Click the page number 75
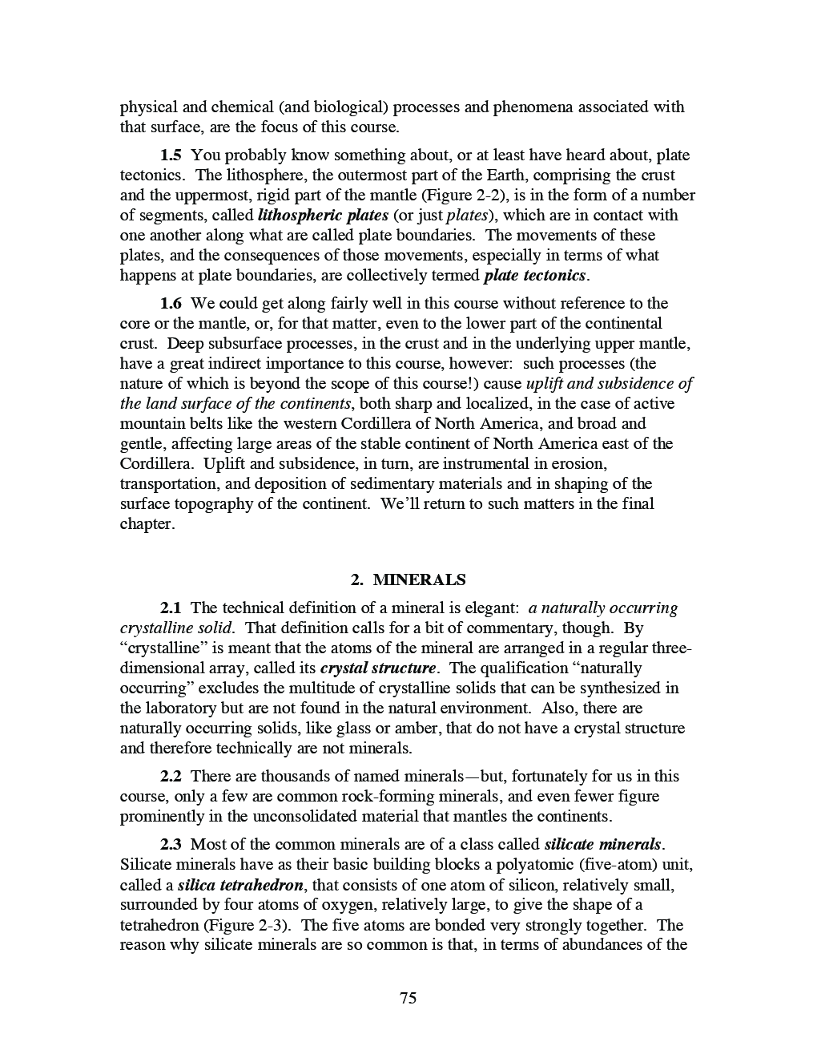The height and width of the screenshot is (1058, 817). [408, 998]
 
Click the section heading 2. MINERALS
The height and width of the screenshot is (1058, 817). [408, 579]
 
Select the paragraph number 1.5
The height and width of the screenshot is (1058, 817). [171, 155]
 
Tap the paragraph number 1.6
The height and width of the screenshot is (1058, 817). [171, 303]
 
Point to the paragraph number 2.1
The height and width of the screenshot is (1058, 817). [171, 608]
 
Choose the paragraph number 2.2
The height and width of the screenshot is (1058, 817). [171, 776]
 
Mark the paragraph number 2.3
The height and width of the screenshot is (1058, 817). [171, 844]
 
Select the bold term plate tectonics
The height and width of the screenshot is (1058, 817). [535, 275]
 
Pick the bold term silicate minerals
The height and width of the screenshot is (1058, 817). [603, 844]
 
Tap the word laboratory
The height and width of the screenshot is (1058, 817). [181, 708]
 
